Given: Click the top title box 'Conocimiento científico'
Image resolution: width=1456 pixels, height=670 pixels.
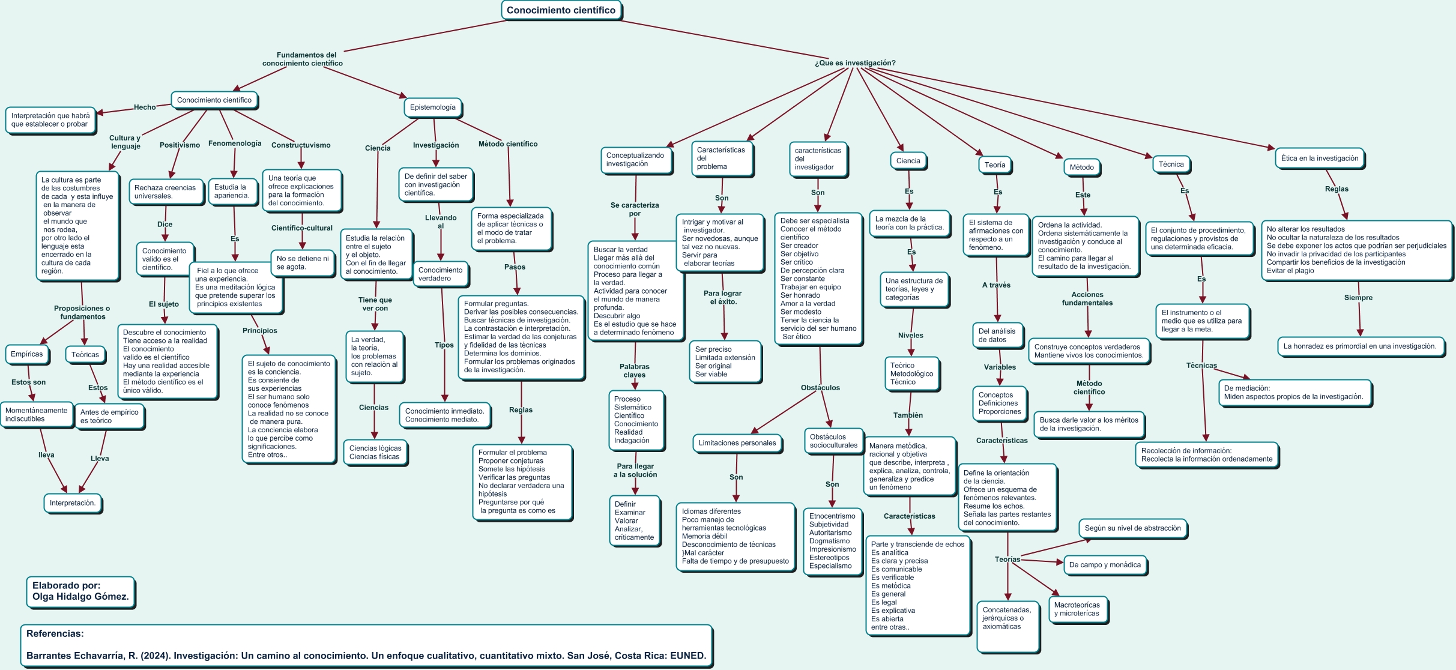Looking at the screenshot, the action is coord(561,10).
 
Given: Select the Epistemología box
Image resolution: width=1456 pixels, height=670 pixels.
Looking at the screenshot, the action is coord(433,107).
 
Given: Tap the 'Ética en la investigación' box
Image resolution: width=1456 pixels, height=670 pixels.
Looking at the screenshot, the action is coord(1320,158).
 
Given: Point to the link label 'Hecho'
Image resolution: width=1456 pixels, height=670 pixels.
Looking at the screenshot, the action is coord(145,107).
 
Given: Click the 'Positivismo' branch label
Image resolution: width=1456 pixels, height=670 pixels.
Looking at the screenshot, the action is coord(180,145).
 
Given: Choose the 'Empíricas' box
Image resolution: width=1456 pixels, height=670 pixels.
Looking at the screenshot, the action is coord(27,354).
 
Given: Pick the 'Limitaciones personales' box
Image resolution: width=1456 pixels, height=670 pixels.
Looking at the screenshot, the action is coord(737,443).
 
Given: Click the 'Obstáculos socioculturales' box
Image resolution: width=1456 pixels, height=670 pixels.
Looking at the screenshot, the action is coord(833,441).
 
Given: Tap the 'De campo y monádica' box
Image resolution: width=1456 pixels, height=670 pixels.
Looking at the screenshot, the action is coord(1105,565).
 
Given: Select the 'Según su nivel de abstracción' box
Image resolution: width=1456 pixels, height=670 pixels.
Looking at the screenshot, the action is coord(1133,528).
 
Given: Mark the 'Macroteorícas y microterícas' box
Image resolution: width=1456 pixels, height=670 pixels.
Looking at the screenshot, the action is coord(1077,609).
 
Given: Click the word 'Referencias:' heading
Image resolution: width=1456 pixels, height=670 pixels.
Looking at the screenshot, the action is coord(55,633).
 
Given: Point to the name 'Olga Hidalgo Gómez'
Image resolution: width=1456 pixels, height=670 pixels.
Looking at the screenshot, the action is coord(80,597).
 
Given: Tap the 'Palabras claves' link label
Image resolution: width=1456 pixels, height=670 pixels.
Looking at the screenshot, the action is coord(635,371).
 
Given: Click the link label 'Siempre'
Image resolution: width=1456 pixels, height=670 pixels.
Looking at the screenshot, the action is coord(1358,298).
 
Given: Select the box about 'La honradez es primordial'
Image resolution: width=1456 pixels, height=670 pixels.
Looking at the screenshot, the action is coord(1360,346).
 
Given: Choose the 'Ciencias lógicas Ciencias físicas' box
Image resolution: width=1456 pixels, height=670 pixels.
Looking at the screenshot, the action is coord(375,453).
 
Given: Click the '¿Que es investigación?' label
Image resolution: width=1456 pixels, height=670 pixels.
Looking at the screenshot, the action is coord(855,63).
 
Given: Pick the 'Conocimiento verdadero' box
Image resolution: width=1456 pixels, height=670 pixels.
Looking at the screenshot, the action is coord(441,274).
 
